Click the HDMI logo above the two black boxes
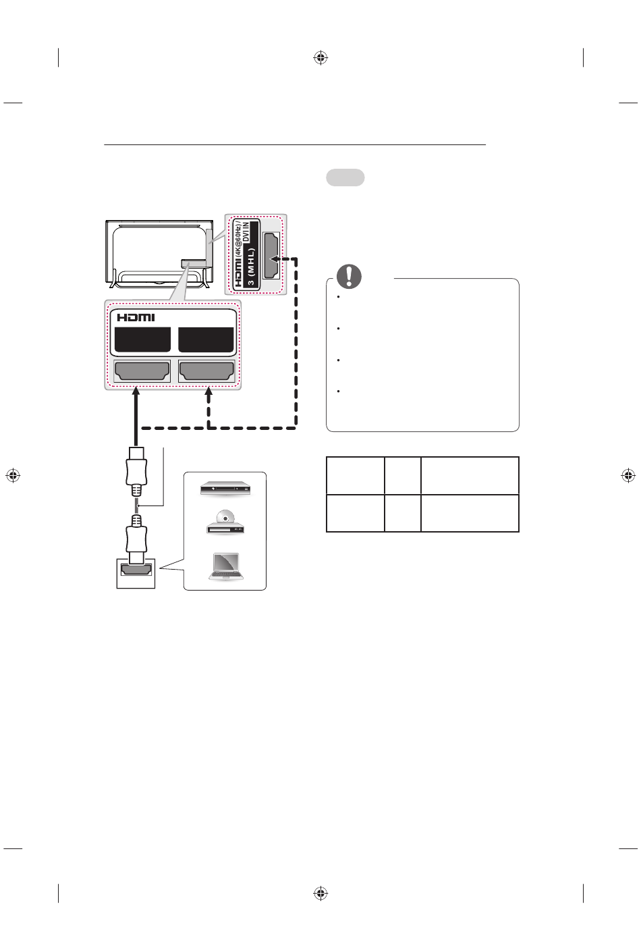[x=136, y=317]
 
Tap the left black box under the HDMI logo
[x=142, y=339]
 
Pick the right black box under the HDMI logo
[x=206, y=339]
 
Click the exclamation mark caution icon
[x=349, y=275]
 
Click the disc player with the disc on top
[x=225, y=522]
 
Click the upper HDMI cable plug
[x=136, y=470]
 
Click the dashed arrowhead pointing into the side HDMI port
[x=275, y=258]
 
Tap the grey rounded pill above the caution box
[x=345, y=178]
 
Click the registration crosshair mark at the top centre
[x=320, y=58]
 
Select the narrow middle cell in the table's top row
[x=403, y=476]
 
